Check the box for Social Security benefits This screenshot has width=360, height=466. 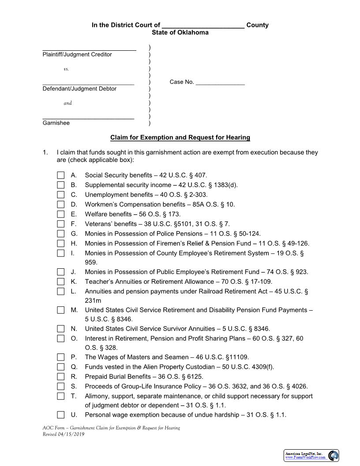tap(60, 175)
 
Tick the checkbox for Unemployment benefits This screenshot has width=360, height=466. tap(60, 195)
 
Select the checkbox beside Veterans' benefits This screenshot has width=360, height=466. tap(60, 224)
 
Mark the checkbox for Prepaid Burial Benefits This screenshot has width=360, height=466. tap(60, 376)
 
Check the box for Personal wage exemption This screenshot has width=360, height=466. tap(60, 415)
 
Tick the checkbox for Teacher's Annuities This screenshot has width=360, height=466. tap(60, 282)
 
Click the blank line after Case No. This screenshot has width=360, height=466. tap(220, 82)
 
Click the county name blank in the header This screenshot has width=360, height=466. tap(203, 25)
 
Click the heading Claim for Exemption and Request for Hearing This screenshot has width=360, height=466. tap(180, 138)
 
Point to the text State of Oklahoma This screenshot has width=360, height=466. tap(180, 33)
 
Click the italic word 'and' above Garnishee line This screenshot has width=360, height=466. tap(67, 103)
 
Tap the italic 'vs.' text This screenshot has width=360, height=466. tap(66, 69)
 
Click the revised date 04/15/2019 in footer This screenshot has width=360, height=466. tap(71, 434)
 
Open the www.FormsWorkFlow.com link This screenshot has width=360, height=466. tap(306, 458)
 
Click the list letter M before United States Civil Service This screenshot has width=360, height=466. tap(74, 310)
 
